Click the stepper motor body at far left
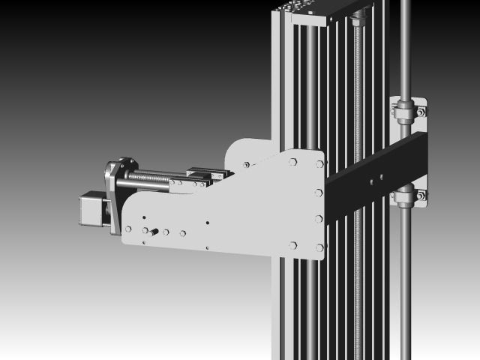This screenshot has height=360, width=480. (91, 208)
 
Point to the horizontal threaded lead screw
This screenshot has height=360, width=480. (154, 177)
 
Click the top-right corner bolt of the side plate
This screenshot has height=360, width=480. (320, 163)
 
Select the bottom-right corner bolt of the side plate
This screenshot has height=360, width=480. (319, 247)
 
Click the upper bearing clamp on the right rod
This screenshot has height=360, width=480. (406, 112)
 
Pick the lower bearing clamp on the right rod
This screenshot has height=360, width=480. (406, 197)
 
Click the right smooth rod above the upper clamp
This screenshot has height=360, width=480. (406, 45)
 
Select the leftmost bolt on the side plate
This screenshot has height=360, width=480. (128, 229)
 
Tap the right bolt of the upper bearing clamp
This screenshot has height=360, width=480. (421, 112)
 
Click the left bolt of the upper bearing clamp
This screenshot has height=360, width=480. (394, 112)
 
